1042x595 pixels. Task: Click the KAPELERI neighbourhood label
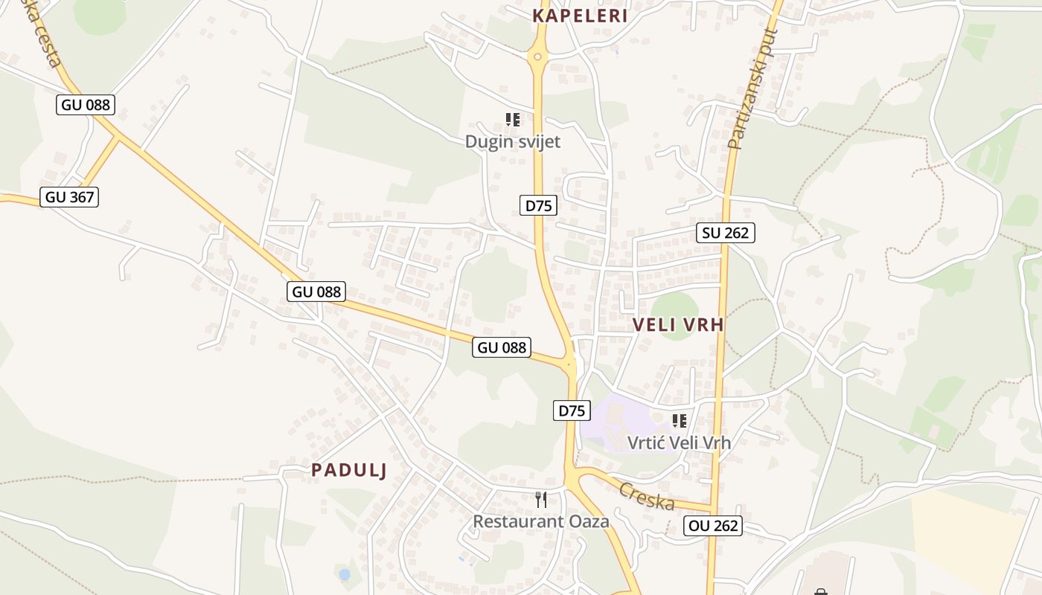pos(580,16)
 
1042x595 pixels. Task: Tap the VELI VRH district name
pos(678,324)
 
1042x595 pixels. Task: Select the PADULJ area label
pos(349,470)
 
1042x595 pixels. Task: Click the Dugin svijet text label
pos(512,141)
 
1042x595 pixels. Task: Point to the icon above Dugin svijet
pos(512,119)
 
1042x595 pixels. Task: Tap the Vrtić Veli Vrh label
pos(679,443)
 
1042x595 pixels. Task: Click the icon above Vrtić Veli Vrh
pos(679,421)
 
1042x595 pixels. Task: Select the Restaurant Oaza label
pos(541,521)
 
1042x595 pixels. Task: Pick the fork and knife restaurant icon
pos(541,500)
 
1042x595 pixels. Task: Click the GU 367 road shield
pos(70,197)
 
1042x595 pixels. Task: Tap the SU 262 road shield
pos(726,233)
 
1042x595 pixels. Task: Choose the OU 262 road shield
pos(713,526)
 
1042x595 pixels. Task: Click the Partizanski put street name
pos(752,89)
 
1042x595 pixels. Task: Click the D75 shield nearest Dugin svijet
pos(538,205)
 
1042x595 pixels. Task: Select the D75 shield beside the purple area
pos(572,410)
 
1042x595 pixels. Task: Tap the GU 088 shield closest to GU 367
pos(86,105)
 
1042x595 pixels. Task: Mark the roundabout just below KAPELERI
pos(537,56)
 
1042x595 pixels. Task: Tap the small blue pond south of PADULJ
pos(344,574)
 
